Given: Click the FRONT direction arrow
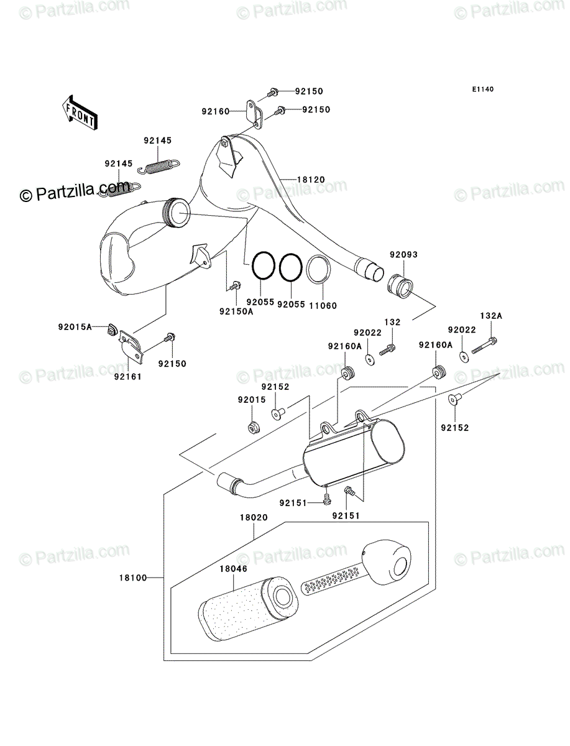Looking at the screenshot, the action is tap(79, 113).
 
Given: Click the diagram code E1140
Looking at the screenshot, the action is tap(482, 90).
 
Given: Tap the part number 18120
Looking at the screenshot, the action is tap(311, 180).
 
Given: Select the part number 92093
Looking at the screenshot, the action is tap(403, 254).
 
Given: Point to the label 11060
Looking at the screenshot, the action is tap(323, 305).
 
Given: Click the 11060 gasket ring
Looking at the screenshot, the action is tap(319, 269).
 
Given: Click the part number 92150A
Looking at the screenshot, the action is tap(236, 311).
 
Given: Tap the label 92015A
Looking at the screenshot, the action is tap(75, 327).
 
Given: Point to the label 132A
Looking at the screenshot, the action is tap(491, 316).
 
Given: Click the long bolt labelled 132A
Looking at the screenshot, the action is tap(484, 345).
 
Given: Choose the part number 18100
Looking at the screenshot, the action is tap(133, 578).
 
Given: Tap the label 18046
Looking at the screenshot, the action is tap(233, 569).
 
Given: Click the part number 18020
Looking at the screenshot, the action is tap(254, 517).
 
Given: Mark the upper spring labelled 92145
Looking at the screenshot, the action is tap(159, 167).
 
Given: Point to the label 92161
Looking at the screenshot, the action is tap(127, 377).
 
